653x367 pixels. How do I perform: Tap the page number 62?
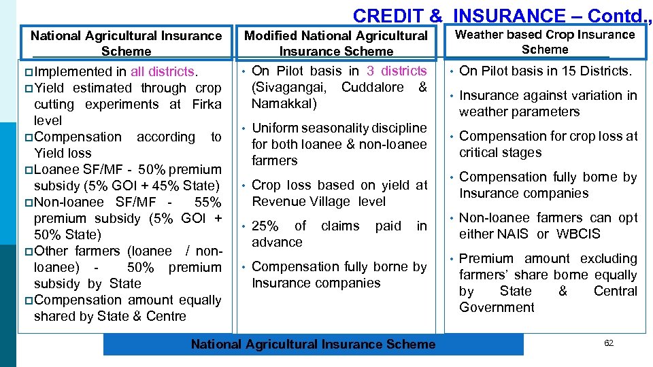pyautogui.click(x=608, y=343)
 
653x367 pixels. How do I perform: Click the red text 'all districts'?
pyautogui.click(x=163, y=71)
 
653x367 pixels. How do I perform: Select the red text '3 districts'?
pyautogui.click(x=397, y=71)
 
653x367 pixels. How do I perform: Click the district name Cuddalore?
pyautogui.click(x=372, y=87)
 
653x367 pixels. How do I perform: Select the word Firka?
pyautogui.click(x=206, y=104)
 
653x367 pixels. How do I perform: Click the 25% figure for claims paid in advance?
pyautogui.click(x=265, y=226)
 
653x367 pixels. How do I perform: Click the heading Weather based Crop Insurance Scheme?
pyautogui.click(x=544, y=41)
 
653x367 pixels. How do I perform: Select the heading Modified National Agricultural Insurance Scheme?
pyautogui.click(x=336, y=43)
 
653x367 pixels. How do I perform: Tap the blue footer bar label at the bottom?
pyautogui.click(x=313, y=344)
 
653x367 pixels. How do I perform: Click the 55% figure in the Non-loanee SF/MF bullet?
pyautogui.click(x=207, y=202)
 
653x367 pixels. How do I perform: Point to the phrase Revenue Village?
pyautogui.click(x=300, y=201)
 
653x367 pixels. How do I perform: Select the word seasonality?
pyautogui.click(x=325, y=128)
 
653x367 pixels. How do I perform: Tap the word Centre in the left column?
pyautogui.click(x=166, y=316)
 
